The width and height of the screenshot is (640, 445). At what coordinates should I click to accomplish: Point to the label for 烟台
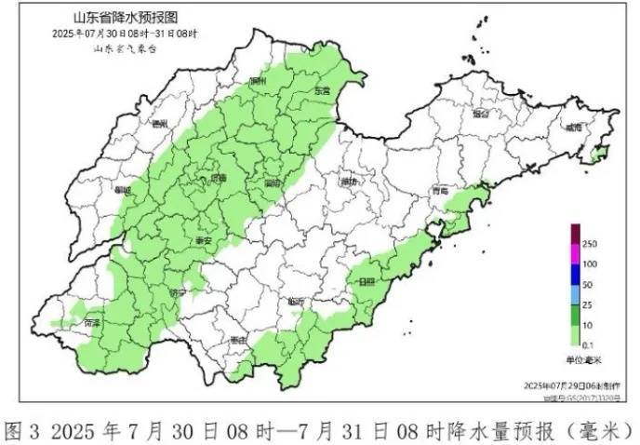tap(480, 115)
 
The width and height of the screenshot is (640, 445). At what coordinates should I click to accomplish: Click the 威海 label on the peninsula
tap(576, 127)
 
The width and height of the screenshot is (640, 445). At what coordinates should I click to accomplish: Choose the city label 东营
tap(322, 91)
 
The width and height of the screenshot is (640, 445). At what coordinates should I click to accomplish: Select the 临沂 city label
tap(296, 301)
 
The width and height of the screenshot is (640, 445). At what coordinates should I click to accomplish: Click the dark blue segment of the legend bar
tap(577, 275)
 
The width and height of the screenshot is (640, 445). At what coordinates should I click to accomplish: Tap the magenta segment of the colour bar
tap(577, 254)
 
